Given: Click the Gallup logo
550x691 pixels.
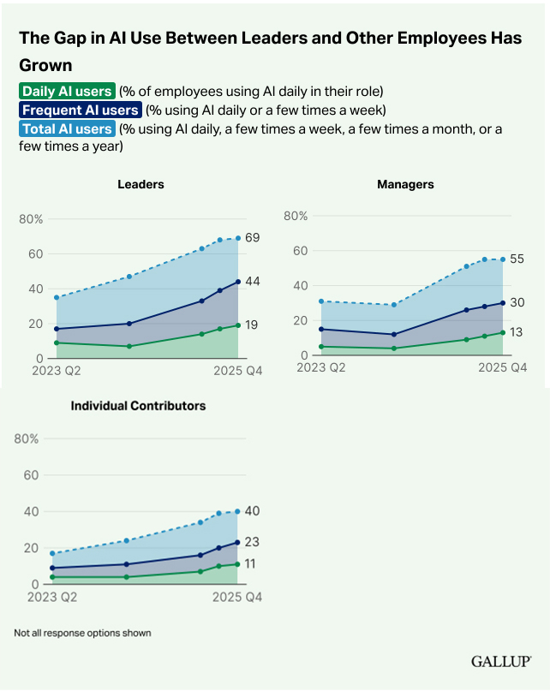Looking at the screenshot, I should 501,662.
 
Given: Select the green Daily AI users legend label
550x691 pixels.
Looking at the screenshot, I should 67,91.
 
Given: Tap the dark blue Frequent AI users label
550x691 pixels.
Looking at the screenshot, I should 80,110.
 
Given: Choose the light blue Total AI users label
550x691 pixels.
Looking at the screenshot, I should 67,129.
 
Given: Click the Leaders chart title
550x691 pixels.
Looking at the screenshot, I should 141,184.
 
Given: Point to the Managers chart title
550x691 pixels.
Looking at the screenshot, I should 405,184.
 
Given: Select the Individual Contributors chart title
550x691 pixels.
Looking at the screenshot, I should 138,405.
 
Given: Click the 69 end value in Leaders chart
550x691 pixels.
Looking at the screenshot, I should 253,237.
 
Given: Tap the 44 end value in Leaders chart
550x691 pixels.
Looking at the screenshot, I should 253,281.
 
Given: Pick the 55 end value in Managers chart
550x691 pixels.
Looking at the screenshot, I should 517,259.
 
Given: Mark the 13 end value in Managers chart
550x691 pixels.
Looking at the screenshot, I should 517,332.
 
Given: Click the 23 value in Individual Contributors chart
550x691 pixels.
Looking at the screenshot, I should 252,542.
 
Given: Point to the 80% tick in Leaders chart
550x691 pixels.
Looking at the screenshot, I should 31,219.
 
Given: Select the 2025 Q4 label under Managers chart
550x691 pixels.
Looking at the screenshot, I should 502,367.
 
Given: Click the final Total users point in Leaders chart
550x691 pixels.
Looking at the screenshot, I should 238,238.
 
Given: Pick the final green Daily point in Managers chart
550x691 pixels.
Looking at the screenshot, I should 502,332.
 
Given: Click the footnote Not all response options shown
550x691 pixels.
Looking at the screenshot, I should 82,633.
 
